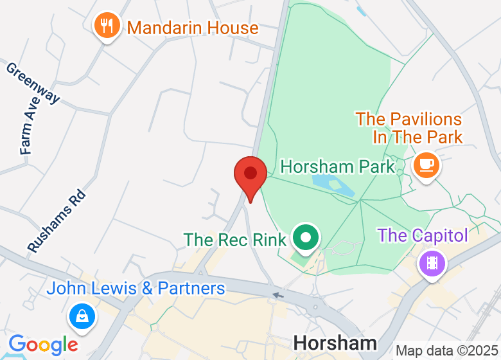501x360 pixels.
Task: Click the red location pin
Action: tap(250, 175)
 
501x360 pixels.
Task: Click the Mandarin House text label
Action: tap(193, 28)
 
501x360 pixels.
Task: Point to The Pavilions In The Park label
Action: tap(409, 128)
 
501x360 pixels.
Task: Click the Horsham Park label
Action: tap(338, 167)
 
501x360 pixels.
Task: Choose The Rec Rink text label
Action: tap(234, 240)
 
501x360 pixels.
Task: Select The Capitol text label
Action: tap(422, 235)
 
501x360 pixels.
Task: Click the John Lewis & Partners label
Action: tap(136, 289)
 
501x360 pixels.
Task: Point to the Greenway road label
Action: tap(33, 82)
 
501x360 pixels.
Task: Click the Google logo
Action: tap(43, 345)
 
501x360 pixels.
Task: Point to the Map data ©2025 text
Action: tap(446, 351)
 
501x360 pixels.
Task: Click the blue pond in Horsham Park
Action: tap(333, 185)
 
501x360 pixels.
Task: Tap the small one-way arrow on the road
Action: tap(277, 296)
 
